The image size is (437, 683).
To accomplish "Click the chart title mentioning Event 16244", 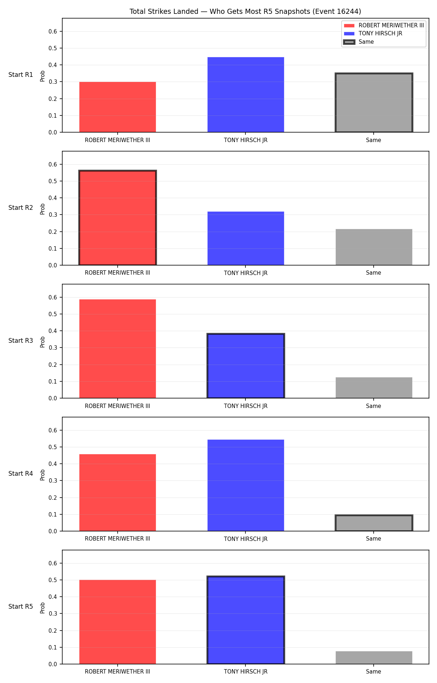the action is (245, 12).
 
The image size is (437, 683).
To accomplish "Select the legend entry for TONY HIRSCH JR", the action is (380, 34).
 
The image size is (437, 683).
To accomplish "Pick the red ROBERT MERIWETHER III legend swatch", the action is (349, 25).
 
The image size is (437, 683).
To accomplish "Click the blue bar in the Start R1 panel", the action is (245, 95).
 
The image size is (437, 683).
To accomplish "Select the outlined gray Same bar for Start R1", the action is (374, 103).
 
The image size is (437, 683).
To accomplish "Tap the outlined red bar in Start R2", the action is (118, 218).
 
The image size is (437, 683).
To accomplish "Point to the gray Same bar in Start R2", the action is (374, 247).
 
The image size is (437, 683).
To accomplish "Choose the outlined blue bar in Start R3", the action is (245, 366).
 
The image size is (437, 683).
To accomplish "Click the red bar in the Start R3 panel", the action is (118, 349).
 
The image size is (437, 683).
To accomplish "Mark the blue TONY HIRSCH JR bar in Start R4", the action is (245, 485).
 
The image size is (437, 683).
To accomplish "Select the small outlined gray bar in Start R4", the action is (374, 523).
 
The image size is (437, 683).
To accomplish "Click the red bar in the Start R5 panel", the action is (118, 622).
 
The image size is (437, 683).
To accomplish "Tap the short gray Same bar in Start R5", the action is (374, 658).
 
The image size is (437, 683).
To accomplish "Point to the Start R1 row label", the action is (21, 75).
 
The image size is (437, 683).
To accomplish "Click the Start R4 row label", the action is (21, 474).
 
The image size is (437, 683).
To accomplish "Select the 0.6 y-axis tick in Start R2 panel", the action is (53, 165).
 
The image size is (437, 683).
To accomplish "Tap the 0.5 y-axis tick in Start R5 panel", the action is (53, 580).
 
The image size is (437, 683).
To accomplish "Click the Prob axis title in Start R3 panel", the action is (43, 342).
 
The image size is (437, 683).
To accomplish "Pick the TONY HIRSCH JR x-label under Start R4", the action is (245, 539).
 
